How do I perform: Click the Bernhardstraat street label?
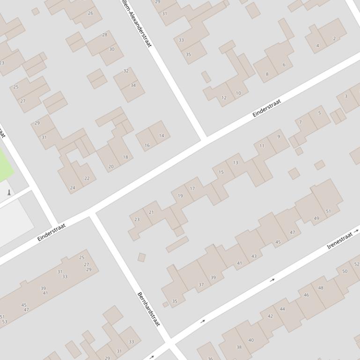pos(148,309)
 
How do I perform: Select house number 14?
pos(162,136)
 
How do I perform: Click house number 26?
pos(90,13)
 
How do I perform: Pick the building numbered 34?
pos(133,85)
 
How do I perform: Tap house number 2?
pos(334,39)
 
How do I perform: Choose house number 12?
pos(224,98)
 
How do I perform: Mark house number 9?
pos(279,137)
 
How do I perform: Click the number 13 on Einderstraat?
pos(235,163)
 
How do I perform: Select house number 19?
pos(180,196)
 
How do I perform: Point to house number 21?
pos(151,212)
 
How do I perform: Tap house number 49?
pos(316,218)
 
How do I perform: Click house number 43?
pos(254,256)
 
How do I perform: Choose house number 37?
pos(201,285)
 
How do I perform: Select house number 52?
pos(357,264)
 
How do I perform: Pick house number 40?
pos(251,340)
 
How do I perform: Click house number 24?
pos(73,188)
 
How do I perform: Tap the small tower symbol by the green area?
pos(8,192)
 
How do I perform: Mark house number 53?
pos(5,322)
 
